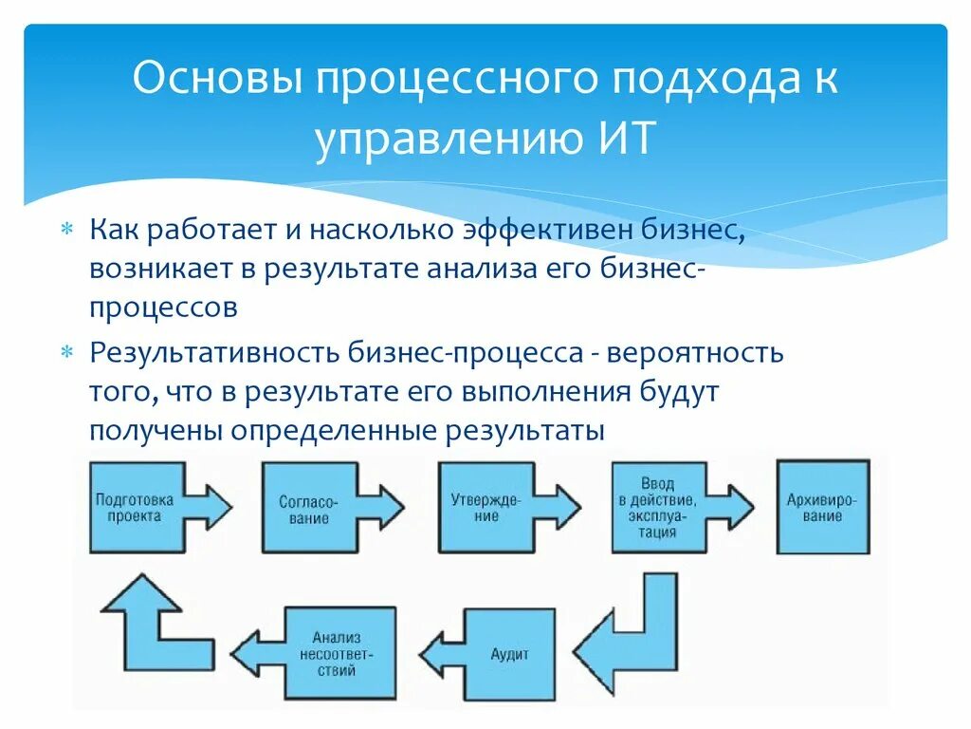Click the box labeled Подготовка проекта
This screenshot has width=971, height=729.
134,507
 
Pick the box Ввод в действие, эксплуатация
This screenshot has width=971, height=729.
657,508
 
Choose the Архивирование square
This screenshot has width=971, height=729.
822,508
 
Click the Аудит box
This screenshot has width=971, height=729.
510,654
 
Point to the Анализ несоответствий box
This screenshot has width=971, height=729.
338,653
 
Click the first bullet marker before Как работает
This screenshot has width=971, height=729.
66,230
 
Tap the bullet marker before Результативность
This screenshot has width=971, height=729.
66,353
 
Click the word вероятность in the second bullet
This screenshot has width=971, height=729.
696,353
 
